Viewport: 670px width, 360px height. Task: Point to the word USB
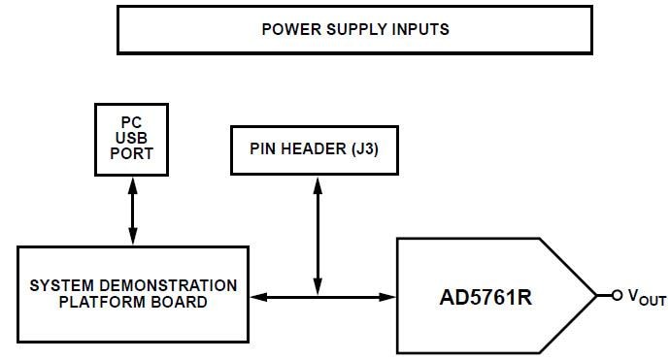pos(132,138)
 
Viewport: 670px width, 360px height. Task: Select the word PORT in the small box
pos(132,153)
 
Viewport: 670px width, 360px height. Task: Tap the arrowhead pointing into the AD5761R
pos(389,295)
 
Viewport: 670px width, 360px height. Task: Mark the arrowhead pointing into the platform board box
pos(257,295)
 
